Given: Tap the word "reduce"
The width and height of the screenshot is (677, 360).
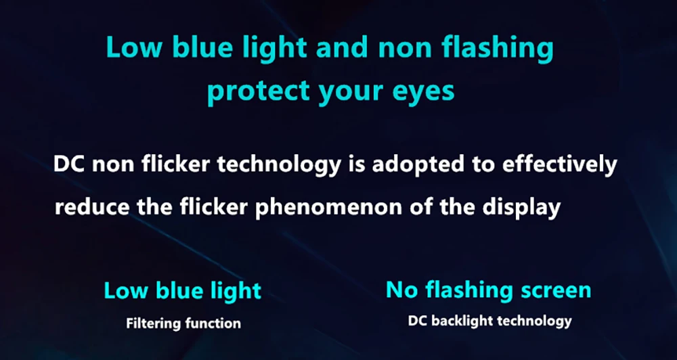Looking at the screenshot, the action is (92, 207).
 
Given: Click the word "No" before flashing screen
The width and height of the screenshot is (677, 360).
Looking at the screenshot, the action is (401, 290).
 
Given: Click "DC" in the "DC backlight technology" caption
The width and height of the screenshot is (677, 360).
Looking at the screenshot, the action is (417, 321).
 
